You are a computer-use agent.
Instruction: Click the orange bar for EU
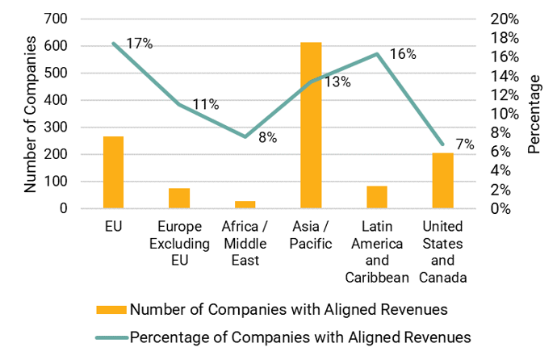113,172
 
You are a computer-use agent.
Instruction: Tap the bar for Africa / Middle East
245,204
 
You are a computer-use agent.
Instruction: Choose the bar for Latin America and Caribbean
376,197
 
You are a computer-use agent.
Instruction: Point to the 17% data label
139,44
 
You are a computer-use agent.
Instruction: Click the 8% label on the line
267,137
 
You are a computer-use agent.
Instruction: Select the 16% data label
403,54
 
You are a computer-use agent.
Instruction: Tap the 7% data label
464,144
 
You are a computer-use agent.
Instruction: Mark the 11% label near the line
205,104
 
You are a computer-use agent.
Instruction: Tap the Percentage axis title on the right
534,113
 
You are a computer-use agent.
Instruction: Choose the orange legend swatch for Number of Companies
111,308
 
